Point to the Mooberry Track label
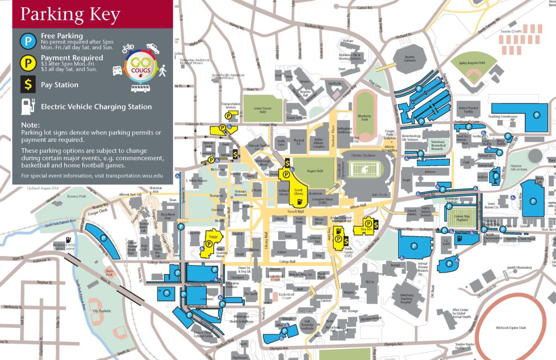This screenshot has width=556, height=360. [x=364, y=118]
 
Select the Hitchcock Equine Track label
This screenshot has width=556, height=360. [x=511, y=328]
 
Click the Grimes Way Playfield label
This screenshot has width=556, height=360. [x=462, y=219]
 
